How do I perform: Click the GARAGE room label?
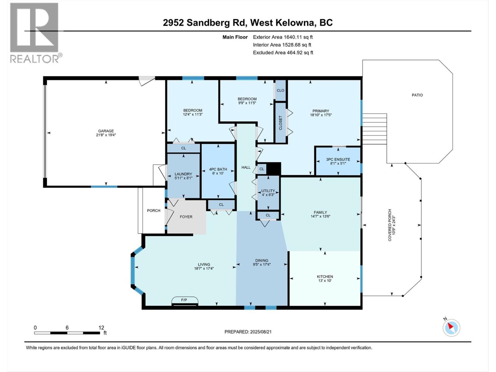106,131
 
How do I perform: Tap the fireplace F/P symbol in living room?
184,300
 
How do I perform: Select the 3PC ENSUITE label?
338,159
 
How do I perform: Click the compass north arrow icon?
451,328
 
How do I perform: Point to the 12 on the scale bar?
101,327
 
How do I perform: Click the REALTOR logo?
34,33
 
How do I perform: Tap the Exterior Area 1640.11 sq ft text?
283,37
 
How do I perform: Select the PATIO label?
417,95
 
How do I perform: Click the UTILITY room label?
268,191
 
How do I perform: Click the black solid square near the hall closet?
274,169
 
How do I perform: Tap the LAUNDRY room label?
183,174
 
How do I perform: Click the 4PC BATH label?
218,169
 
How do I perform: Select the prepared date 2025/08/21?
260,332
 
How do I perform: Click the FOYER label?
186,217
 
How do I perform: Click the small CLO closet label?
281,91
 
